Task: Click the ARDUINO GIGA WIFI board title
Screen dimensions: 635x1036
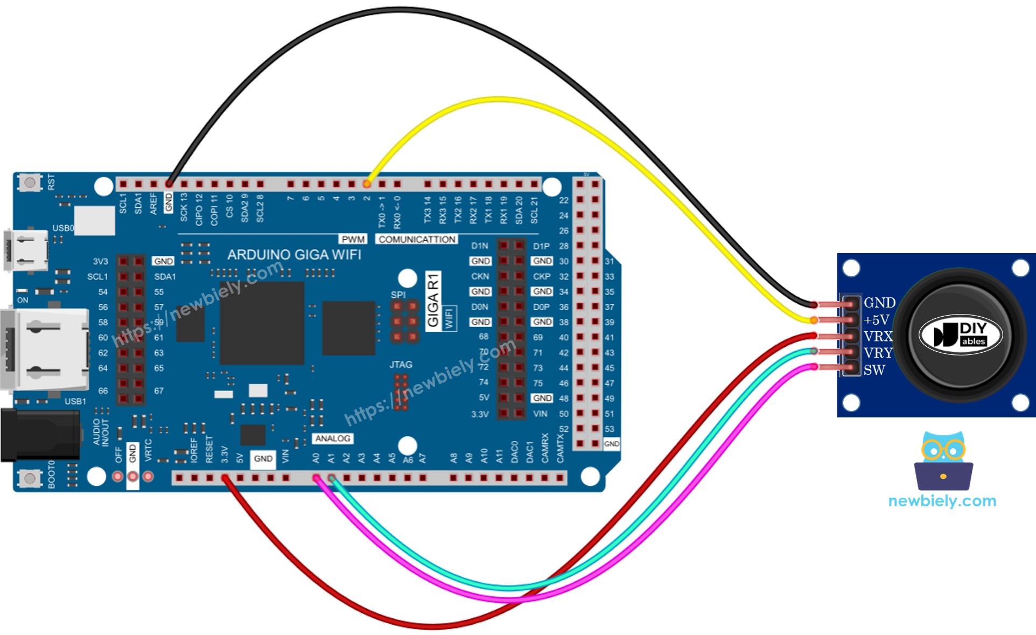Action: (294, 255)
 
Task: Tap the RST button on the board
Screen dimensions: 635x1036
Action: (30, 183)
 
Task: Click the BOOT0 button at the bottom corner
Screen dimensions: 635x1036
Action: (30, 478)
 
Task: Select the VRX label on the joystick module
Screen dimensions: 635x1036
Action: (878, 337)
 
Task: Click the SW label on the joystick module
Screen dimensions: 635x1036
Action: (874, 370)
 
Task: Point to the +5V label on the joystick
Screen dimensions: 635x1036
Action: (876, 320)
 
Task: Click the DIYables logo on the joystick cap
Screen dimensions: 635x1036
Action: (960, 335)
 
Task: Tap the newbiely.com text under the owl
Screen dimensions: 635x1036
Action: (942, 501)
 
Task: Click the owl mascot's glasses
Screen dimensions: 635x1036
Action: (942, 449)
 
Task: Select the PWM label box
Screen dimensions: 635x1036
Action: (353, 239)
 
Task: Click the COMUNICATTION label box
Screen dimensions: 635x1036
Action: (417, 239)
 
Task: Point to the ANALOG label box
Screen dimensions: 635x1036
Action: (332, 438)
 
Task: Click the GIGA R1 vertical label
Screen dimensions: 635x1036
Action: (433, 300)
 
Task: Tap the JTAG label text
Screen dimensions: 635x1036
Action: (401, 365)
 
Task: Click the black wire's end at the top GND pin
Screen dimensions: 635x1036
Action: (169, 184)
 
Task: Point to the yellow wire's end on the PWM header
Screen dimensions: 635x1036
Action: (367, 184)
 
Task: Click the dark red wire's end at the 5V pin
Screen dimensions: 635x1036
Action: (225, 478)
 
